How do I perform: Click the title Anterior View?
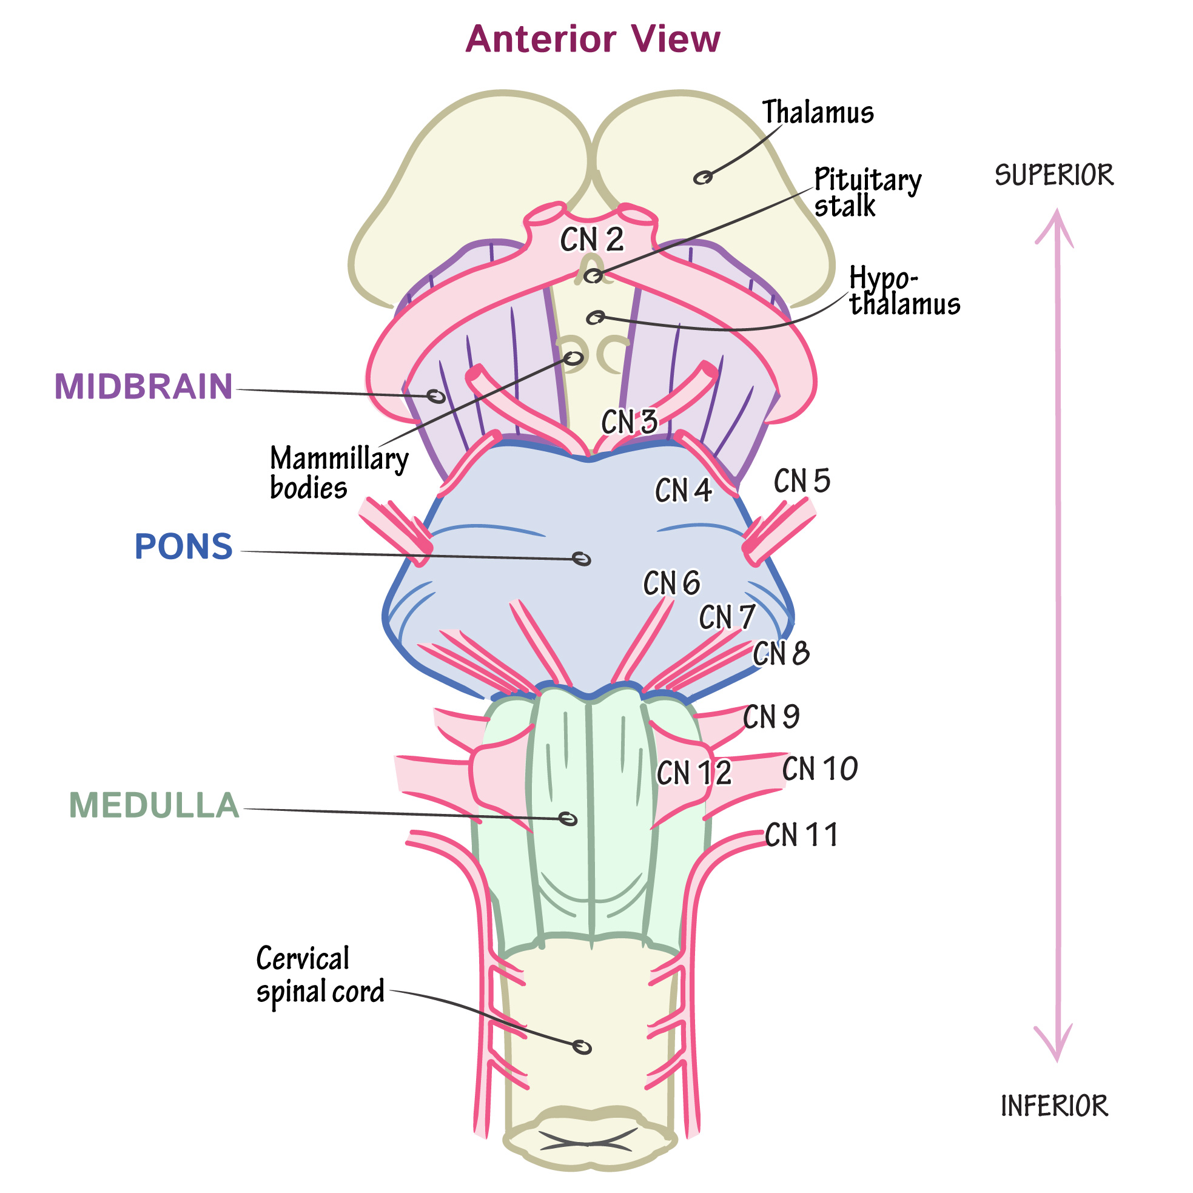592,39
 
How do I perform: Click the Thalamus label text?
818,112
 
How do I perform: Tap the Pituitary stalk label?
866,192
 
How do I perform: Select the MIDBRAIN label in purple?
143,386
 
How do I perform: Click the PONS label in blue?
183,546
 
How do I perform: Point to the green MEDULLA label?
154,805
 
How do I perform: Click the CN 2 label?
591,240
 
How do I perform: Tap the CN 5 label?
802,481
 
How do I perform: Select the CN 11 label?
801,835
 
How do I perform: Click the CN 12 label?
693,773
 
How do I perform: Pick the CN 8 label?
780,653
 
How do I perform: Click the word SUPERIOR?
1054,175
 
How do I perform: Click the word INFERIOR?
1054,1106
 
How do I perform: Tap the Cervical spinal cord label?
320,975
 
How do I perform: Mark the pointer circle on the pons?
582,559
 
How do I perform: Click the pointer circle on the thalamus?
703,178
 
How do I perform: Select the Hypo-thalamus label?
904,291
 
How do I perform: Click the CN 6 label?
671,583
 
